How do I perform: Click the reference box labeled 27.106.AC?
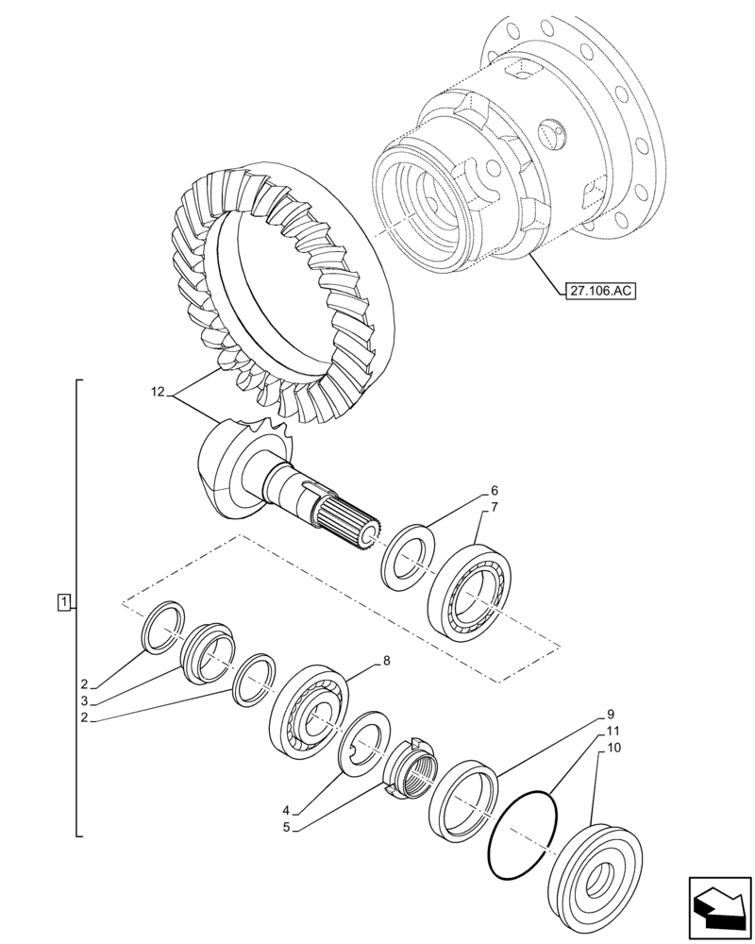pos(600,292)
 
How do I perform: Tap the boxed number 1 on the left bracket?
pos(62,601)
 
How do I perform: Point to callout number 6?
pos(494,491)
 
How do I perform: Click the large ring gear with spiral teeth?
pos(283,293)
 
